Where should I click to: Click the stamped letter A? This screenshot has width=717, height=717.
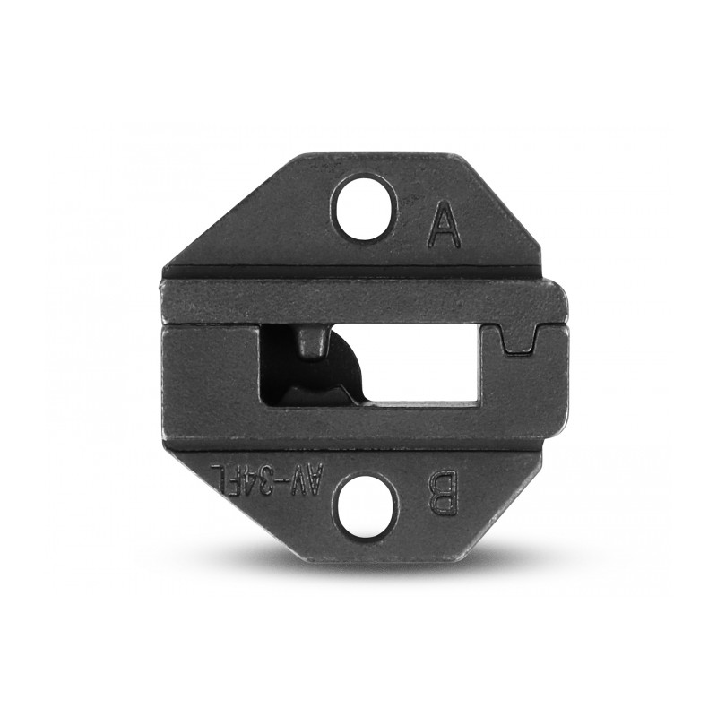tap(444, 225)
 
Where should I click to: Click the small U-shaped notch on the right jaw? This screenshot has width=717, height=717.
tap(518, 340)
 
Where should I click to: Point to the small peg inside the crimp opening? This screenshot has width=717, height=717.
tap(313, 342)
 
